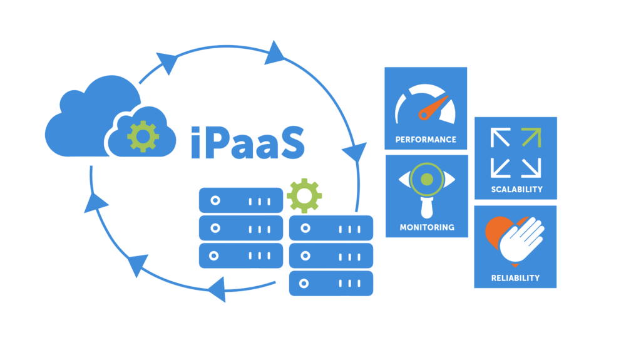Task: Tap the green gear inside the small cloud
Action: point(143,136)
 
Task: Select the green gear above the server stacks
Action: point(304,195)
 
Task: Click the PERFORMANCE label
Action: point(426,140)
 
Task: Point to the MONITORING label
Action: point(427,227)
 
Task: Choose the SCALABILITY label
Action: point(516,189)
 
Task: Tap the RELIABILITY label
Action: point(515,278)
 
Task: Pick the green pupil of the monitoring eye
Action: point(427,180)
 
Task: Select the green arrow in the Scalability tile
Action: point(530,137)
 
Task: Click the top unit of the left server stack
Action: point(241,201)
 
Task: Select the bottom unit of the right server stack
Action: point(331,284)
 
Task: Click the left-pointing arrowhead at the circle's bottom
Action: point(215,289)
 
